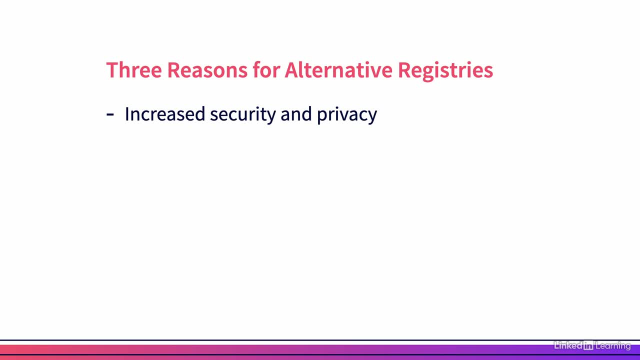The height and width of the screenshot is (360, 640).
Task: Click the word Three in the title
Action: tap(134, 70)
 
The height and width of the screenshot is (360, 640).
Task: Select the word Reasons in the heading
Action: tap(207, 70)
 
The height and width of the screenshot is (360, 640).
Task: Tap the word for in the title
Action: tap(266, 69)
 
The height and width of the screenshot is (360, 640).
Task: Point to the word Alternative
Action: tap(338, 69)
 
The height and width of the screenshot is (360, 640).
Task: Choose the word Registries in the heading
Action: tap(445, 71)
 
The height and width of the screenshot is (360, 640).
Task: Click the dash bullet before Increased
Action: tap(110, 114)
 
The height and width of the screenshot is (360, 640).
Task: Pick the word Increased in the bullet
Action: tap(165, 113)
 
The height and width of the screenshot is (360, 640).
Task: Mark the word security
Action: tap(243, 115)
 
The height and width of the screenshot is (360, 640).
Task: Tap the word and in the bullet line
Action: tap(296, 113)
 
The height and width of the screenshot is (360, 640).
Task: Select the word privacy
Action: tap(347, 115)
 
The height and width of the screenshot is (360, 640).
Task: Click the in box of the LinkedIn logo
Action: tap(588, 345)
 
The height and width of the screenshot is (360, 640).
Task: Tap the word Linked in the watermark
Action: tap(568, 345)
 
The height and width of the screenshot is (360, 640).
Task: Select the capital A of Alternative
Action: tap(291, 70)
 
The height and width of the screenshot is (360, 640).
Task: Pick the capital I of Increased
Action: tap(126, 114)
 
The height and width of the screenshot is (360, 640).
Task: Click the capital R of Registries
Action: tap(404, 70)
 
